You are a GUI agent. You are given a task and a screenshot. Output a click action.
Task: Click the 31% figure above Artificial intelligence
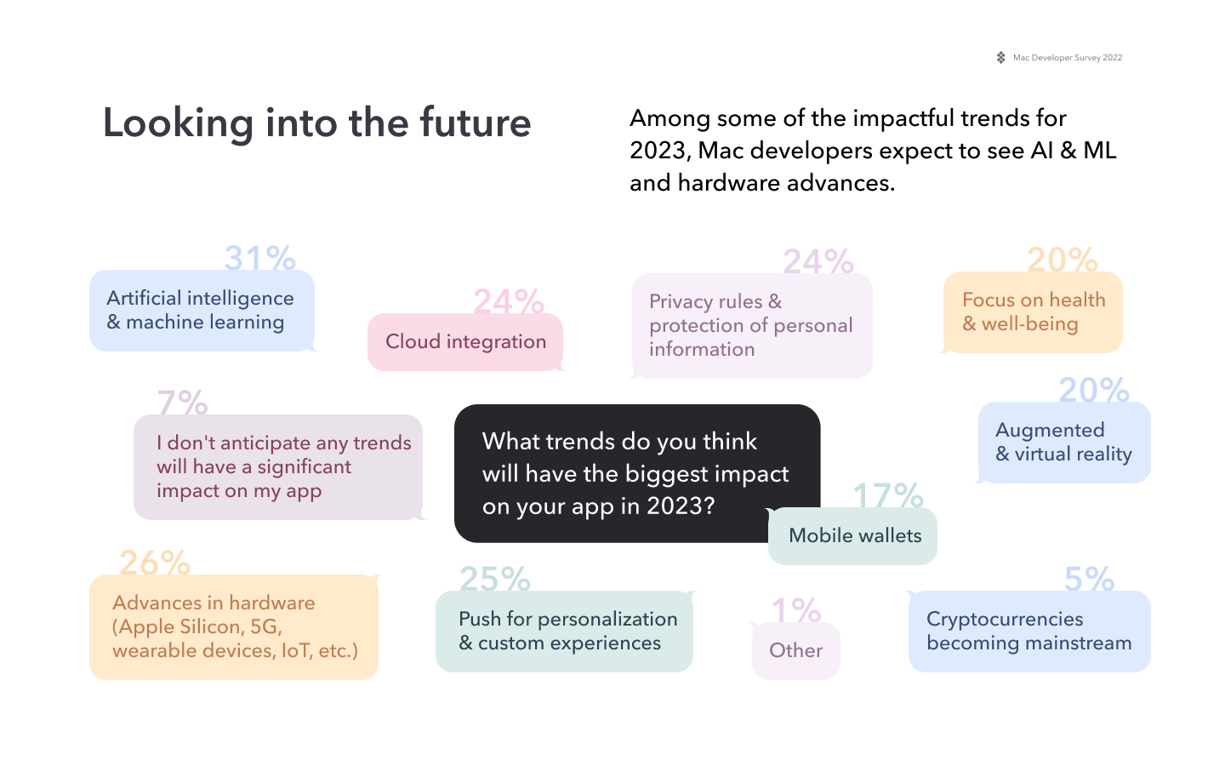(259, 258)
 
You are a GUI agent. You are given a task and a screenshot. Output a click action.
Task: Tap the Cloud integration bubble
(465, 342)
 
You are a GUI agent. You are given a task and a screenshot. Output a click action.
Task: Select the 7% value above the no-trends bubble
(182, 403)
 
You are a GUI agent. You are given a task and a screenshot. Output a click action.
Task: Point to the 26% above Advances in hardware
(154, 563)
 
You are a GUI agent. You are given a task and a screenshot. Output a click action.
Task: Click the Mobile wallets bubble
(854, 536)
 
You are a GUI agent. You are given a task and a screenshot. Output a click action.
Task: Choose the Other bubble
(795, 651)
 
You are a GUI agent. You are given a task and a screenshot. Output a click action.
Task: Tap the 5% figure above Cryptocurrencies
(1089, 580)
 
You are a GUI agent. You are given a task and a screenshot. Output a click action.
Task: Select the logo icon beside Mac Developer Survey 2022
(1001, 58)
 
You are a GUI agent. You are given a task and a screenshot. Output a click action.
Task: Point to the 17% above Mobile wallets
(888, 496)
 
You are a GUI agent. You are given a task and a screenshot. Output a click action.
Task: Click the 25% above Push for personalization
(494, 580)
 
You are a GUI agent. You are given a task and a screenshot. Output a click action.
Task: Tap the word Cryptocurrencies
(1005, 620)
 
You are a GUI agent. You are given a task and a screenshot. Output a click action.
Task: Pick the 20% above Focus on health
(1062, 260)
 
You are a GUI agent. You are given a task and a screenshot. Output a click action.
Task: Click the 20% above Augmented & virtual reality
(1093, 390)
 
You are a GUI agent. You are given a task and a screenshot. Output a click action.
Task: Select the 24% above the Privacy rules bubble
(818, 261)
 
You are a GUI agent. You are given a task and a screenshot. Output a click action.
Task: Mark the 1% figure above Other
(795, 610)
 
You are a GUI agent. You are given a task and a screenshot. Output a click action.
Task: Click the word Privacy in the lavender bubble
(681, 302)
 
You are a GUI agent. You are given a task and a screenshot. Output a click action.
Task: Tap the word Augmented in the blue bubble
(1050, 431)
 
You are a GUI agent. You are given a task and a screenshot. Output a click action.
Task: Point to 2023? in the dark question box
(681, 506)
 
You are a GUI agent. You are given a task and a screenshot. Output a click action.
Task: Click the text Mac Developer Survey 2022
(1068, 58)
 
